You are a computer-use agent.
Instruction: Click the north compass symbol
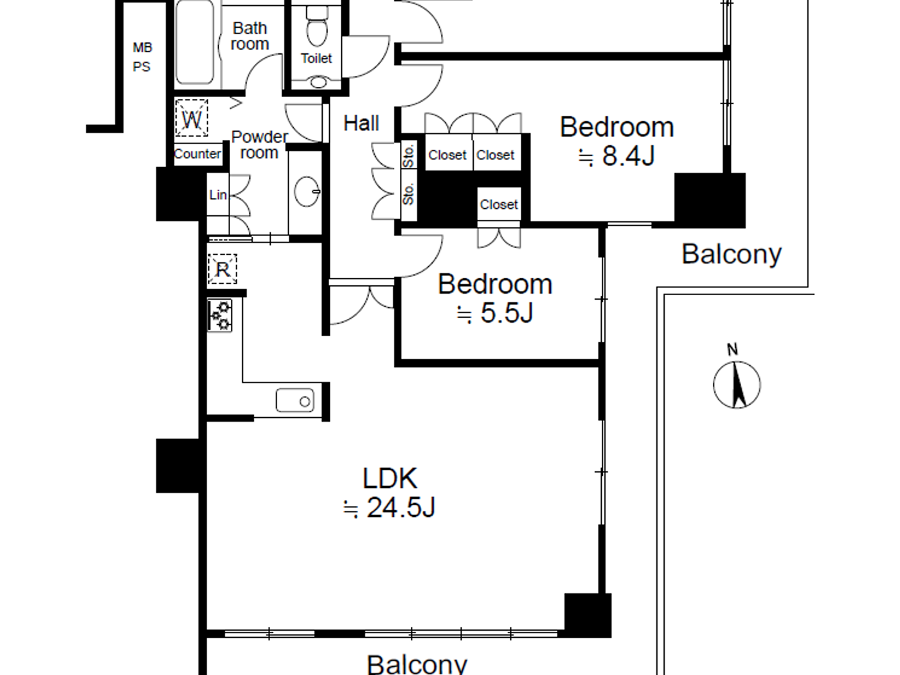pyautogui.click(x=737, y=385)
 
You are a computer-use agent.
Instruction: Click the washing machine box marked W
pyautogui.click(x=192, y=118)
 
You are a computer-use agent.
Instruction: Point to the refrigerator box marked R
pyautogui.click(x=222, y=269)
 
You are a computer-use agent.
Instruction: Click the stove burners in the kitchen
pyautogui.click(x=220, y=315)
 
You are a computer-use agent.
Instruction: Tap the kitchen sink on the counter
pyautogui.click(x=295, y=401)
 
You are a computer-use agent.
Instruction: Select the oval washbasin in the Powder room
pyautogui.click(x=307, y=191)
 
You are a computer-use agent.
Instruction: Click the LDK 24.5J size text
pyautogui.click(x=390, y=508)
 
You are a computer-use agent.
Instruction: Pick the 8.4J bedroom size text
pyautogui.click(x=616, y=156)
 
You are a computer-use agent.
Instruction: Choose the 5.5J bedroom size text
pyautogui.click(x=495, y=313)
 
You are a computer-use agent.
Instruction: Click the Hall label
pyautogui.click(x=361, y=123)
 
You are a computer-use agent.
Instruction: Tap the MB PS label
pyautogui.click(x=142, y=57)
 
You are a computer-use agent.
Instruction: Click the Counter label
pyautogui.click(x=197, y=154)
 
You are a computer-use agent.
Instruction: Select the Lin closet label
pyautogui.click(x=217, y=195)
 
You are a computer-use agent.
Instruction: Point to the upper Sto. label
pyautogui.click(x=408, y=156)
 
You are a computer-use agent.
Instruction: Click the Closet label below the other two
pyautogui.click(x=499, y=204)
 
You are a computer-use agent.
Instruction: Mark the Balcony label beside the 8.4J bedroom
pyautogui.click(x=731, y=254)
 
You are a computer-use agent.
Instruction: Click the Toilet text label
pyautogui.click(x=316, y=59)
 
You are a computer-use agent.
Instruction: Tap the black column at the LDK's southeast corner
pyautogui.click(x=588, y=615)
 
